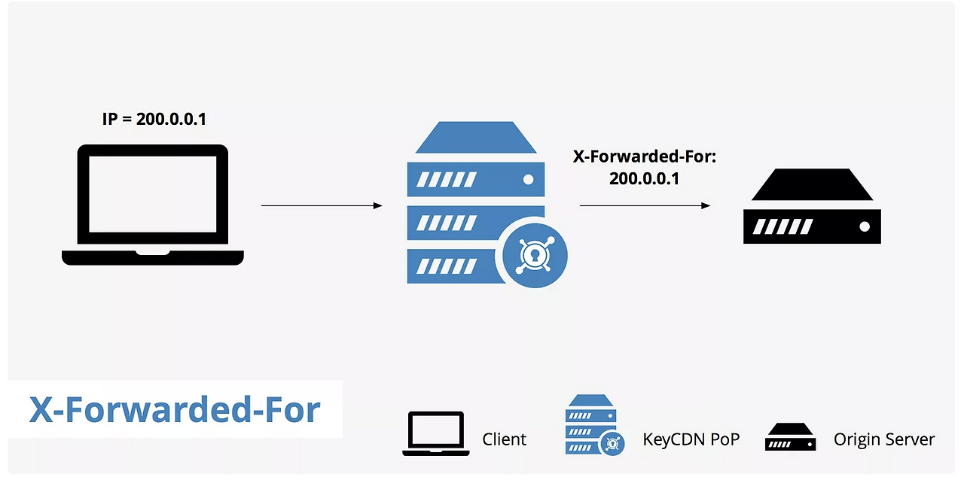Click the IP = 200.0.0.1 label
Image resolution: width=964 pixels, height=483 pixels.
click(154, 119)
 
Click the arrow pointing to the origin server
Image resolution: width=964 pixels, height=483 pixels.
click(645, 205)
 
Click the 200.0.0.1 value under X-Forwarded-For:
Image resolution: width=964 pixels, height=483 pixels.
click(644, 180)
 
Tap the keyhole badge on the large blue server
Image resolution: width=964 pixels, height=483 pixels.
click(531, 257)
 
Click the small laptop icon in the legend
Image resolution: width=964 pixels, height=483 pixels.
click(436, 433)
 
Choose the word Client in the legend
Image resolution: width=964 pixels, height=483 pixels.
click(505, 439)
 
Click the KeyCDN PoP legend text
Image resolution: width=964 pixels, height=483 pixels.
click(691, 439)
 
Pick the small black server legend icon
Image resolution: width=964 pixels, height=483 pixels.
click(790, 436)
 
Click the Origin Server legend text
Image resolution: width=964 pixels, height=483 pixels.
click(884, 439)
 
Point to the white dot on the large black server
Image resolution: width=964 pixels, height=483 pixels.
click(865, 226)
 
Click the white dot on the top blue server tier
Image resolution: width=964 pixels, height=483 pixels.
click(529, 180)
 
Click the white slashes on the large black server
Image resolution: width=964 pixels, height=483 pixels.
click(783, 226)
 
